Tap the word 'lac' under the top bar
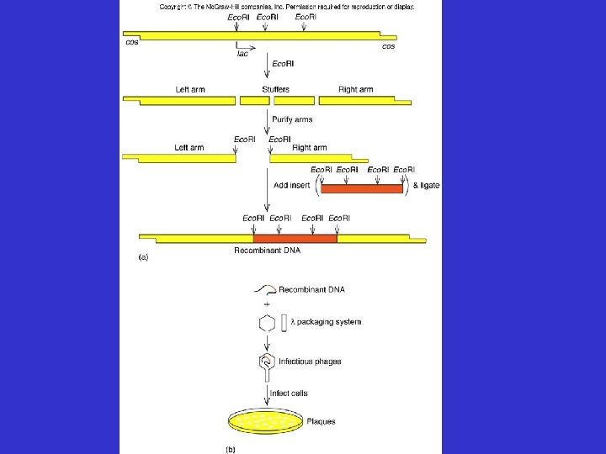pyautogui.click(x=242, y=52)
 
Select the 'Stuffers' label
pyautogui.click(x=275, y=89)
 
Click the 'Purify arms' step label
pyautogui.click(x=291, y=119)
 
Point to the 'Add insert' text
pyautogui.click(x=292, y=185)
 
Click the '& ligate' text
pyautogui.click(x=425, y=185)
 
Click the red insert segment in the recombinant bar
pyautogui.click(x=295, y=240)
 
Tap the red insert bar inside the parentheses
pyautogui.click(x=362, y=188)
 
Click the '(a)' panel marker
pyautogui.click(x=143, y=258)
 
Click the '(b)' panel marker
pyautogui.click(x=230, y=449)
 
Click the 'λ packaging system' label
pyautogui.click(x=326, y=322)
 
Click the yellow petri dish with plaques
pyautogui.click(x=266, y=425)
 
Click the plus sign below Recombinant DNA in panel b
pyautogui.click(x=268, y=304)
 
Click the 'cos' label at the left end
pyautogui.click(x=132, y=43)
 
